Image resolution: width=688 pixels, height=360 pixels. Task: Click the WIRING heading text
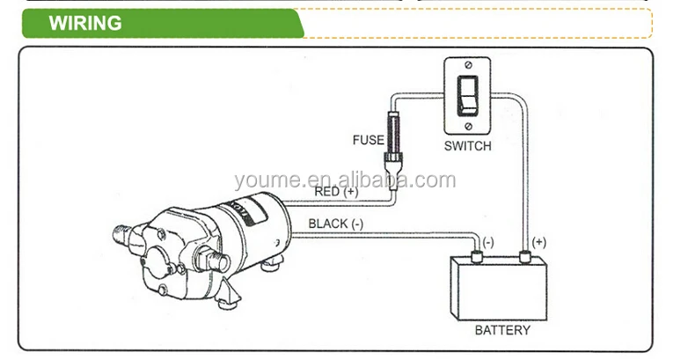tap(85, 23)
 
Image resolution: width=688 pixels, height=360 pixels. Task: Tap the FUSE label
tap(368, 140)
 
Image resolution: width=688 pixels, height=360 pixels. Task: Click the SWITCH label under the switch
tap(466, 145)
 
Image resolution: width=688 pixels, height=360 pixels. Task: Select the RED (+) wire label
tap(336, 191)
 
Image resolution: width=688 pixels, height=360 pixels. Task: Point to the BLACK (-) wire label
tap(336, 224)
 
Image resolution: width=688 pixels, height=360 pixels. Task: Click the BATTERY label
tap(502, 331)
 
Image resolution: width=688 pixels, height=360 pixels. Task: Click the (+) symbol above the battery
tap(538, 240)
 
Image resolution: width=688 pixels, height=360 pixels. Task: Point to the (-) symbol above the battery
tap(488, 241)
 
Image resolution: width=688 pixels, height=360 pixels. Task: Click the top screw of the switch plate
tap(469, 66)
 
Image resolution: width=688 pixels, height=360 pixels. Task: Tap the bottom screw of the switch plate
tap(469, 123)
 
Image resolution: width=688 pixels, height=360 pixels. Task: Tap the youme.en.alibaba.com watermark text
tap(345, 181)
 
